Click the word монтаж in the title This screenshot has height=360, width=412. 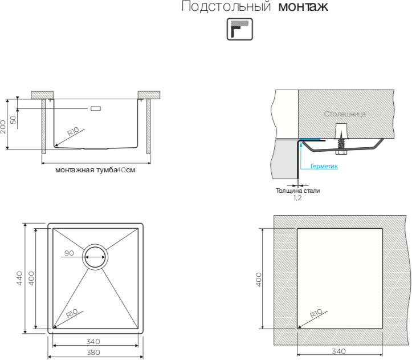pos(304,7)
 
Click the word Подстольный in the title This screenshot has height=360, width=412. pos(226,7)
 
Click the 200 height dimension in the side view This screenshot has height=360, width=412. pos(4,126)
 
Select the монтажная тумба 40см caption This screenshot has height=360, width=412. pos(95,170)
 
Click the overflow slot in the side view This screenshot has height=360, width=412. pos(95,108)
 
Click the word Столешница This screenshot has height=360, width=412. pos(345,114)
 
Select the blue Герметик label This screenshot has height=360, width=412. pos(324,167)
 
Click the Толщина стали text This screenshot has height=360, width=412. pos(297,191)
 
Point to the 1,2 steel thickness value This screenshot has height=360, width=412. pos(297,198)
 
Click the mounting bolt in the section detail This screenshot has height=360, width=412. pos(341,140)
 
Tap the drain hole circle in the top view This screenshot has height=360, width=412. pos(95,257)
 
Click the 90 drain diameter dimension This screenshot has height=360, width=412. pos(70,253)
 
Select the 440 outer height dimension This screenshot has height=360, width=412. pos(20,278)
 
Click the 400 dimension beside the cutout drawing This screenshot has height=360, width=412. pos(259,279)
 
